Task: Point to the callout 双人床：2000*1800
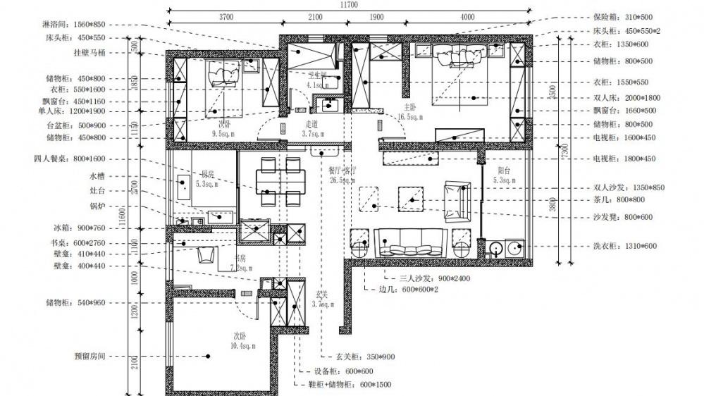tap(627, 98)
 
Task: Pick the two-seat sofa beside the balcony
tap(455, 201)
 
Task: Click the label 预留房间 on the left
tap(88, 357)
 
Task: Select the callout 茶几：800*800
tap(621, 199)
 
